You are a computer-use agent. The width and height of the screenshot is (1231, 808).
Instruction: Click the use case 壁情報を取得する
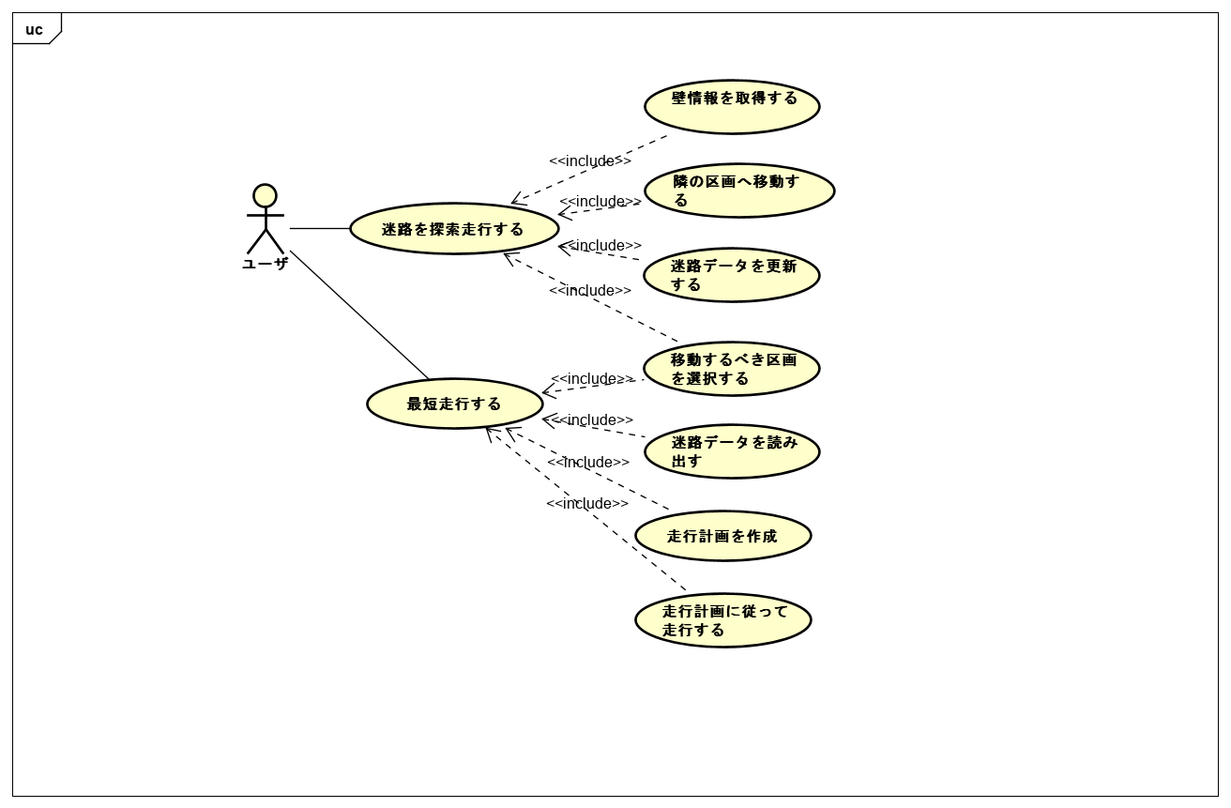click(x=732, y=107)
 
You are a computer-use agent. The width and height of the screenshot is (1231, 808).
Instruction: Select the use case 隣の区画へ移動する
click(x=739, y=191)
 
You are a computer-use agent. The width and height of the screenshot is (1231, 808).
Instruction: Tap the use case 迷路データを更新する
click(x=732, y=275)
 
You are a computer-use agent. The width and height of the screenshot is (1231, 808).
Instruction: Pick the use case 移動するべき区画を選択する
click(x=732, y=369)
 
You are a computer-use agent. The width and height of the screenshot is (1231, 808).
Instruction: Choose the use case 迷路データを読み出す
click(x=732, y=451)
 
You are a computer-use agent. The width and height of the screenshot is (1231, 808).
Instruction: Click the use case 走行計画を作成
click(x=722, y=536)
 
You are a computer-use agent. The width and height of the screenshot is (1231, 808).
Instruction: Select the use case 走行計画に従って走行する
click(x=722, y=620)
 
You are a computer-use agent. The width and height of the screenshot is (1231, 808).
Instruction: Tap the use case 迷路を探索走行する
click(x=454, y=229)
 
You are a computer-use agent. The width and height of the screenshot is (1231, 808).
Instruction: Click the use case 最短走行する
click(x=455, y=404)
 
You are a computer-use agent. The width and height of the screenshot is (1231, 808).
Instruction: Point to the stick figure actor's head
click(x=265, y=195)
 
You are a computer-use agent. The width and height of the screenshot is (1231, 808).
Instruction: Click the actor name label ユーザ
click(x=265, y=264)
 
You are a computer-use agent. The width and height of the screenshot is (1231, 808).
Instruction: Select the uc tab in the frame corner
click(x=35, y=29)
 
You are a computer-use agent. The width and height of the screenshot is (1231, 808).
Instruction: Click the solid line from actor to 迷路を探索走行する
click(x=319, y=228)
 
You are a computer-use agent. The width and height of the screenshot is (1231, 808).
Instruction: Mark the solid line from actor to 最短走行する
click(x=359, y=314)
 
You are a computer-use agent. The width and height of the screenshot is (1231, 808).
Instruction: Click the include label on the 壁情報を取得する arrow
click(x=590, y=160)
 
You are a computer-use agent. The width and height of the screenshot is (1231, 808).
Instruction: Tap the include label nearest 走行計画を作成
click(x=588, y=462)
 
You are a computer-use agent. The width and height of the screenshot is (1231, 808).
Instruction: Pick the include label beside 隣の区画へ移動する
click(x=600, y=201)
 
